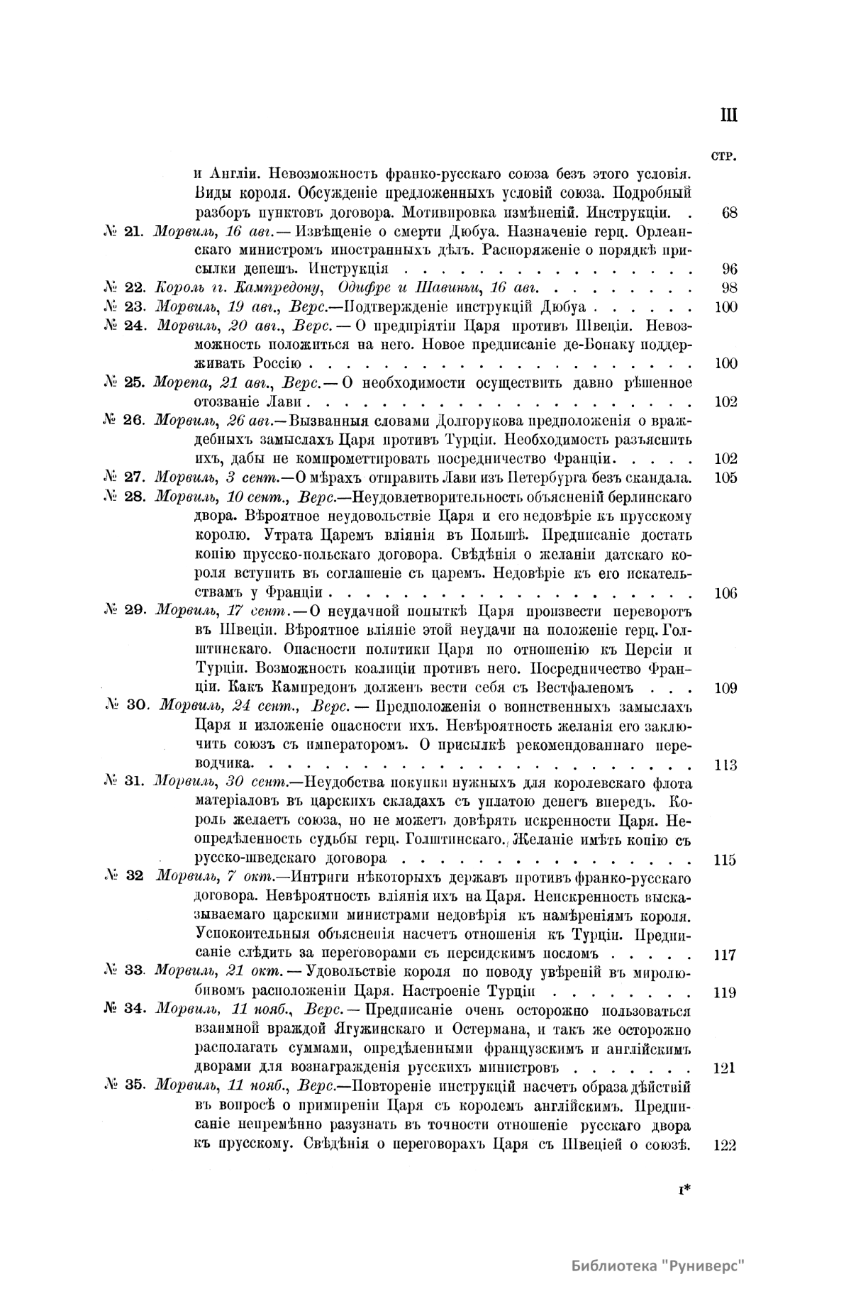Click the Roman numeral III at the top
(728, 115)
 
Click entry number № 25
(124, 383)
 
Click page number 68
(729, 212)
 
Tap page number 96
(729, 269)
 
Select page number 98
(729, 288)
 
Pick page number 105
(726, 477)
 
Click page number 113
(726, 765)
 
